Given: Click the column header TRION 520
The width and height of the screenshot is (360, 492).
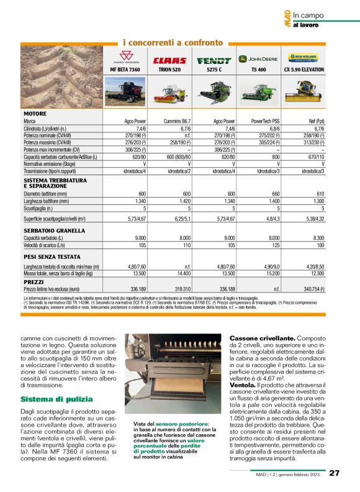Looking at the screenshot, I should tap(169, 70).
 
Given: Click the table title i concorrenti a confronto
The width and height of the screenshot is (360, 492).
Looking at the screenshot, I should tap(173, 42).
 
